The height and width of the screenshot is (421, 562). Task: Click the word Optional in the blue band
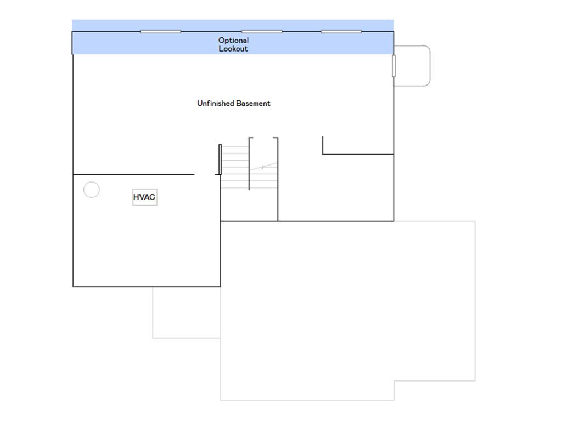[233, 41]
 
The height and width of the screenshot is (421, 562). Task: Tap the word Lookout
[233, 49]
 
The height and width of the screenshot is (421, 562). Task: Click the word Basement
[253, 104]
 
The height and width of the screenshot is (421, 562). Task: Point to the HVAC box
[145, 197]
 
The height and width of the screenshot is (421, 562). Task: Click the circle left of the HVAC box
[92, 182]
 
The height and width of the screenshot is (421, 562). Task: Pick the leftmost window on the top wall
[160, 31]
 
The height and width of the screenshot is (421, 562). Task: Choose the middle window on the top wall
[262, 31]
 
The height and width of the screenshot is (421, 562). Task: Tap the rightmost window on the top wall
[341, 31]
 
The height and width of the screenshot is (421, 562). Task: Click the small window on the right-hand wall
[394, 66]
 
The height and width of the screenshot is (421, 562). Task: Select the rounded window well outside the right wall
[430, 66]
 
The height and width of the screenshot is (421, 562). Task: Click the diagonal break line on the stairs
[263, 167]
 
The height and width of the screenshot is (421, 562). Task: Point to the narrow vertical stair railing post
[220, 160]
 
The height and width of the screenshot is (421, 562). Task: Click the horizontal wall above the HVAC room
[134, 175]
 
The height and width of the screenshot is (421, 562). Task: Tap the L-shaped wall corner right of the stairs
[323, 154]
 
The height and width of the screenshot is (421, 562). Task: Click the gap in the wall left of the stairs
[205, 175]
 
